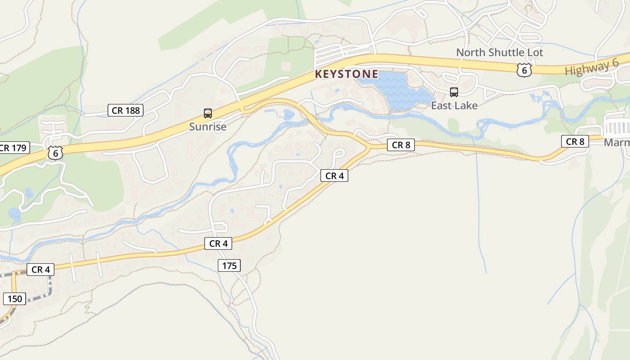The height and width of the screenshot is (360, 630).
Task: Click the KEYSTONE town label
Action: (346, 74)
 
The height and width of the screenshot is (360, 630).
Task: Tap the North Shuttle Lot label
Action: (499, 53)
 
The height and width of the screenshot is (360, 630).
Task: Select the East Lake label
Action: (454, 106)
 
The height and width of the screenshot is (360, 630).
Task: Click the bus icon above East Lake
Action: (454, 92)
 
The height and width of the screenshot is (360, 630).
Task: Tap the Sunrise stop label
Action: (207, 127)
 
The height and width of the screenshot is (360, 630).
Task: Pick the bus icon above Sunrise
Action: (207, 113)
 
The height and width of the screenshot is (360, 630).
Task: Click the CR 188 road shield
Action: (126, 110)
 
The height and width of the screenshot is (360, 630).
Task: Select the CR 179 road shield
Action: (13, 148)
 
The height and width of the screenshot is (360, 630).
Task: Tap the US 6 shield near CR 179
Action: (55, 153)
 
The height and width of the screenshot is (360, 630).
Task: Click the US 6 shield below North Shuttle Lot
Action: (524, 70)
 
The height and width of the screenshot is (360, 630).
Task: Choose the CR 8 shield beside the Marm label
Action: (575, 141)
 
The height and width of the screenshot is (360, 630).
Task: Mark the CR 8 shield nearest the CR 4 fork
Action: (401, 145)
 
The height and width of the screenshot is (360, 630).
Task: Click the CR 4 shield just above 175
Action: (218, 243)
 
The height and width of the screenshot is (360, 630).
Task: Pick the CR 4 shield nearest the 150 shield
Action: (40, 270)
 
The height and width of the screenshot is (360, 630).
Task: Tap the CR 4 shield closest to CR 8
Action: (334, 175)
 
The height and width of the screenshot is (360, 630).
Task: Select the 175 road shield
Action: (229, 265)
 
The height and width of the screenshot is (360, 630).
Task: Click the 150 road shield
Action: (15, 298)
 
